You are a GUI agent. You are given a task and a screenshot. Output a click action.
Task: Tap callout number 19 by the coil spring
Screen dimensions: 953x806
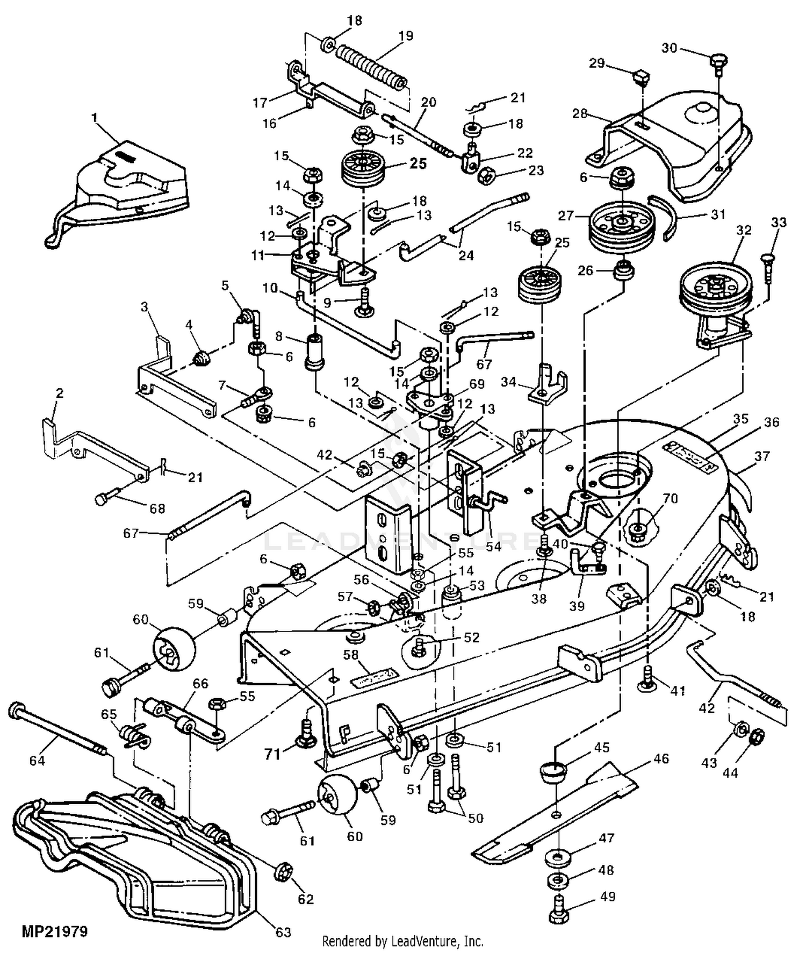click(x=406, y=36)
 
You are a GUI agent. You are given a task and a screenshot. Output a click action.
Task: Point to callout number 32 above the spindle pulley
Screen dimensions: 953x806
click(x=744, y=230)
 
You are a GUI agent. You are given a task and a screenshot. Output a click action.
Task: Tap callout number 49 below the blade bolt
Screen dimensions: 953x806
click(x=607, y=897)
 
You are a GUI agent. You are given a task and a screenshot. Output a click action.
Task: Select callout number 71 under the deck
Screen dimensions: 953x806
click(x=273, y=755)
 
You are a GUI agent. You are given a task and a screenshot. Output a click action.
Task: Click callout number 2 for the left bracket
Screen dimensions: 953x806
click(x=59, y=393)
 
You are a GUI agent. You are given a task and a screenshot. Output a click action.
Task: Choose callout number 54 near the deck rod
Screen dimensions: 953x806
click(x=493, y=546)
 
